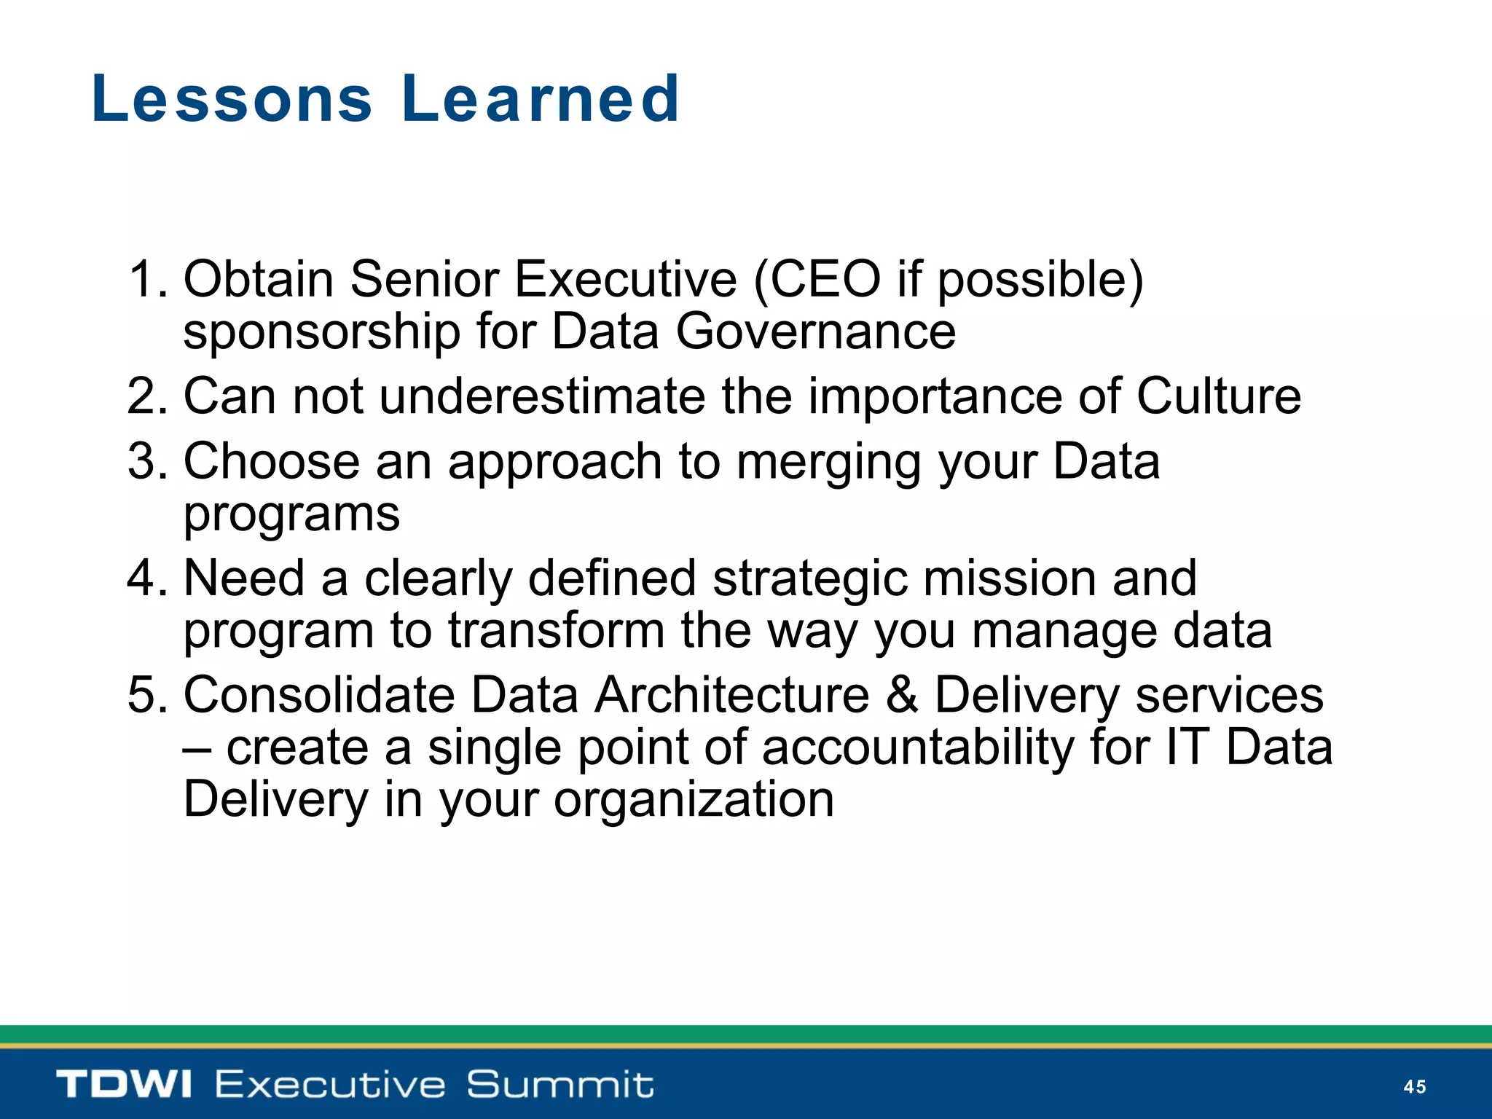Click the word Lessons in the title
click(x=232, y=99)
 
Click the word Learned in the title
click(x=541, y=99)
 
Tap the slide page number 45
click(x=1414, y=1086)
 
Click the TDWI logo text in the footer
click(x=124, y=1084)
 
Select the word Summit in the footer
click(x=559, y=1084)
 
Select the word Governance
click(x=815, y=332)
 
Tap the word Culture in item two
click(x=1218, y=397)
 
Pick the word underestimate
click(x=542, y=397)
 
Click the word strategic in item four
click(x=810, y=580)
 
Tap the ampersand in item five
click(x=902, y=695)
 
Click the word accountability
click(x=918, y=748)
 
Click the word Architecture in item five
click(x=731, y=695)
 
